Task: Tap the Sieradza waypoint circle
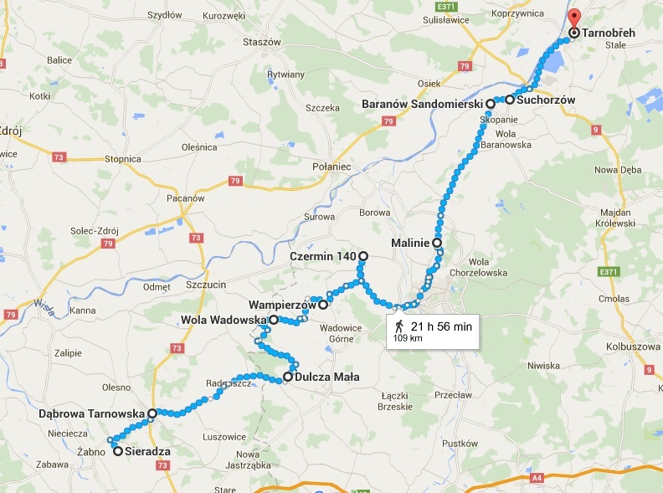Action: coord(118,451)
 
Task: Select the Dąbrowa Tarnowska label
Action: coord(92,413)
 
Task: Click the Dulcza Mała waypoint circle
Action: coord(287,377)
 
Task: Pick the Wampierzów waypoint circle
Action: coord(323,306)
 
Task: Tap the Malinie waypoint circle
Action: coord(437,243)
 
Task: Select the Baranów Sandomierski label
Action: coord(423,104)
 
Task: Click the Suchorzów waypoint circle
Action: coord(509,100)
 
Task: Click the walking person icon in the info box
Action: coord(398,326)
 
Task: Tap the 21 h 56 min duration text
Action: coord(441,326)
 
